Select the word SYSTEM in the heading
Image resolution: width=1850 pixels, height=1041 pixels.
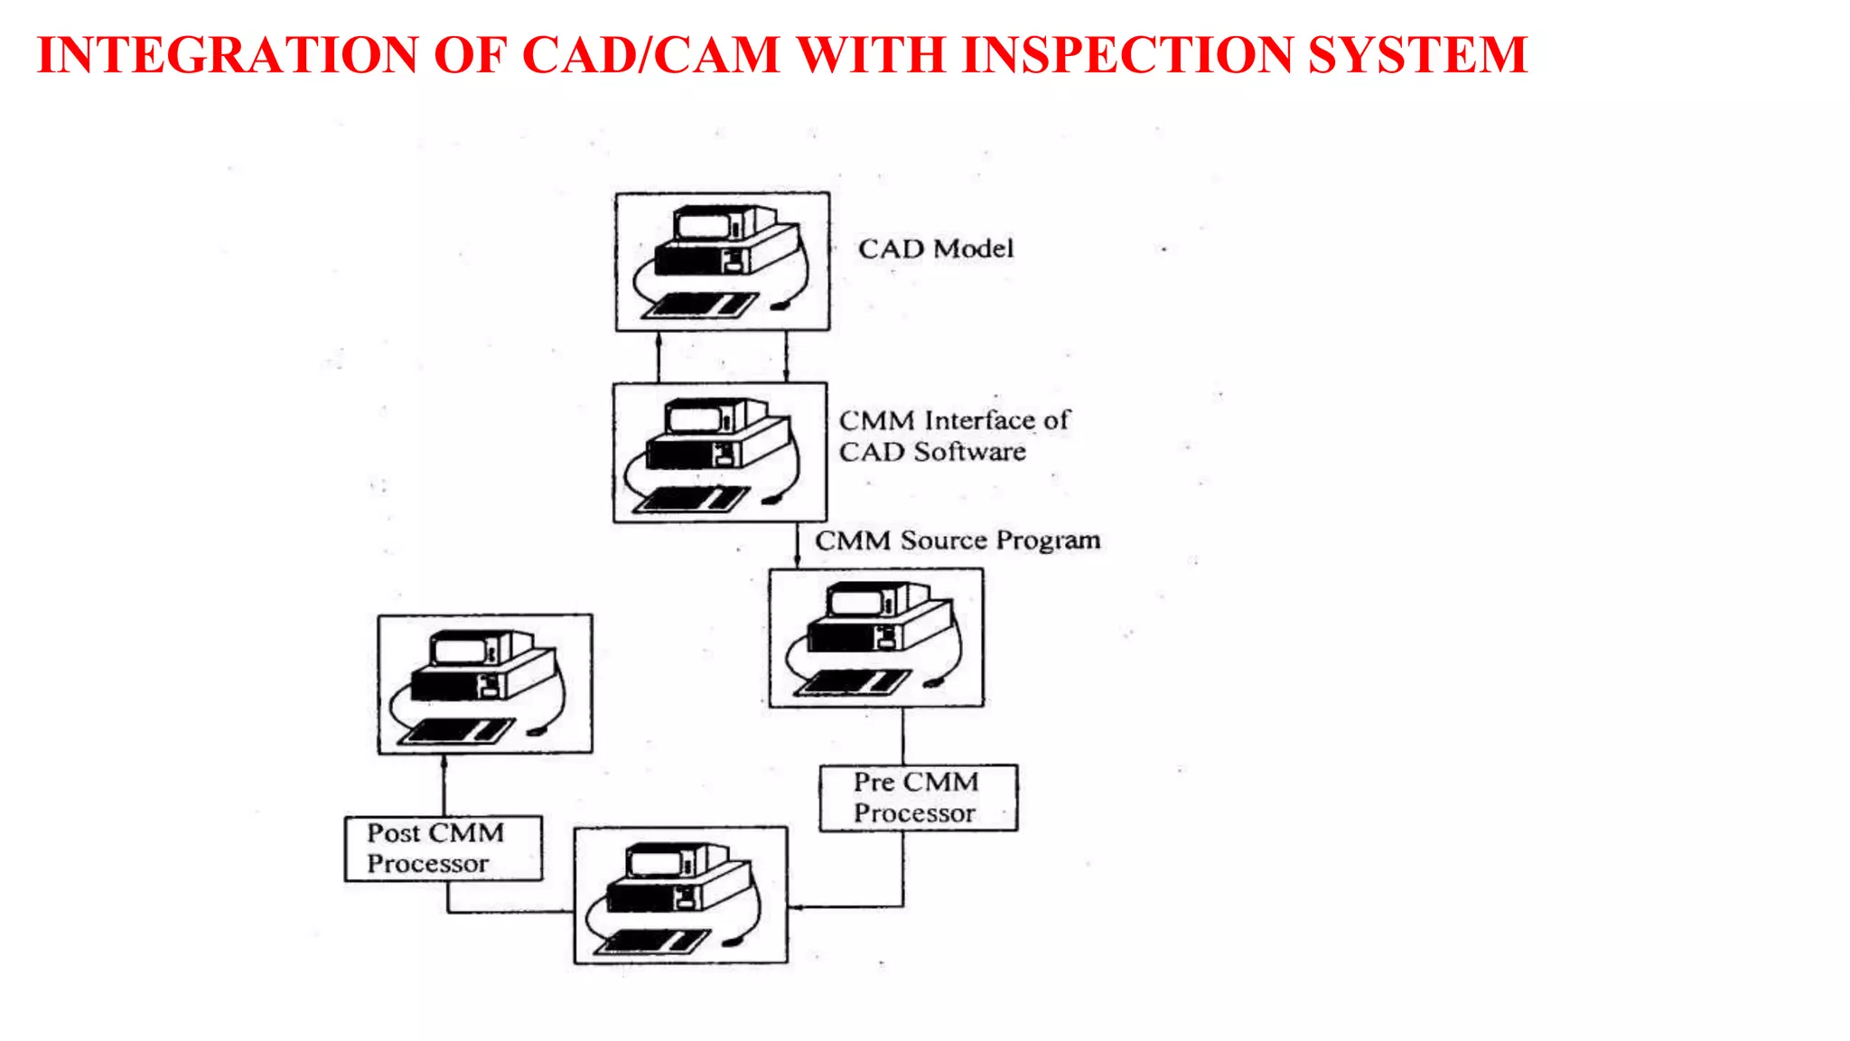1417,55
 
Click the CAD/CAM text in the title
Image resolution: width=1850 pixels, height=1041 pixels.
650,55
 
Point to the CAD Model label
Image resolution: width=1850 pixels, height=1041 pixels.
936,249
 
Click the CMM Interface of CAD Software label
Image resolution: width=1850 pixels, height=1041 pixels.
953,436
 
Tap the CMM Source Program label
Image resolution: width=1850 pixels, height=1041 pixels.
958,540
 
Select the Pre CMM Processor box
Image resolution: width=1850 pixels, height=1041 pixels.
918,797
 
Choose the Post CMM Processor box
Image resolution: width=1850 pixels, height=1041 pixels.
444,848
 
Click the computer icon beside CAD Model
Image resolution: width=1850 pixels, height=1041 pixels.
722,261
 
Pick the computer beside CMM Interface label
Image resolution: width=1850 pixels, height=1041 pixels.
720,452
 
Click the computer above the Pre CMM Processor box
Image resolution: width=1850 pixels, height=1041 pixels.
875,637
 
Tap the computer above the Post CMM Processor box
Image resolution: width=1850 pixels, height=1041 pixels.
485,684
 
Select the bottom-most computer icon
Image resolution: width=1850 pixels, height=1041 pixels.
680,895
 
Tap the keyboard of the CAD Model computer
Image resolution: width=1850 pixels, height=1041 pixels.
700,305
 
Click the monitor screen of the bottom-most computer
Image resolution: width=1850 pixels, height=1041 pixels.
654,861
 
